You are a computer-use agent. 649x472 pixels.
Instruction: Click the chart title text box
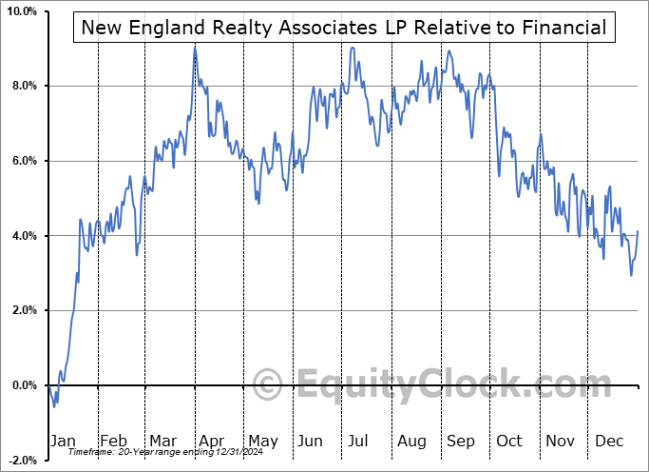pyautogui.click(x=344, y=28)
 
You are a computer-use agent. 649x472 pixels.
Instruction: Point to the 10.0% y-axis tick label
pyautogui.click(x=21, y=11)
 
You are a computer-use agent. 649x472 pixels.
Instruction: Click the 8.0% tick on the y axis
pyautogui.click(x=23, y=87)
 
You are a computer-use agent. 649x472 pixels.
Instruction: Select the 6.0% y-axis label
pyautogui.click(x=23, y=161)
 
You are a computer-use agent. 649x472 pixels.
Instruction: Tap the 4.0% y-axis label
pyautogui.click(x=23, y=236)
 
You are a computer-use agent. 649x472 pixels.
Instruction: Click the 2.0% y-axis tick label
pyautogui.click(x=23, y=310)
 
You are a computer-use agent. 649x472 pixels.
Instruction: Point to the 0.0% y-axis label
pyautogui.click(x=23, y=385)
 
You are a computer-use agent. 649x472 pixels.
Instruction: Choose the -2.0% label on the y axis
pyautogui.click(x=21, y=460)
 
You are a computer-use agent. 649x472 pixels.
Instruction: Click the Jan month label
pyautogui.click(x=62, y=441)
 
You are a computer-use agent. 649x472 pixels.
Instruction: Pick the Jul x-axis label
pyautogui.click(x=359, y=441)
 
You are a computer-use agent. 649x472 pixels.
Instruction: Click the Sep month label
pyautogui.click(x=460, y=441)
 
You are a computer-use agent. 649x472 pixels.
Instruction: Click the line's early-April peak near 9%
pyautogui.click(x=195, y=47)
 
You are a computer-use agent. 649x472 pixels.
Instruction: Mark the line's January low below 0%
pyautogui.click(x=54, y=407)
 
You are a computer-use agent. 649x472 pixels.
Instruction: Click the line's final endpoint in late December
pyautogui.click(x=638, y=231)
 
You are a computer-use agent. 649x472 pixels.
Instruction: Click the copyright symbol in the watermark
pyautogui.click(x=270, y=385)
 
